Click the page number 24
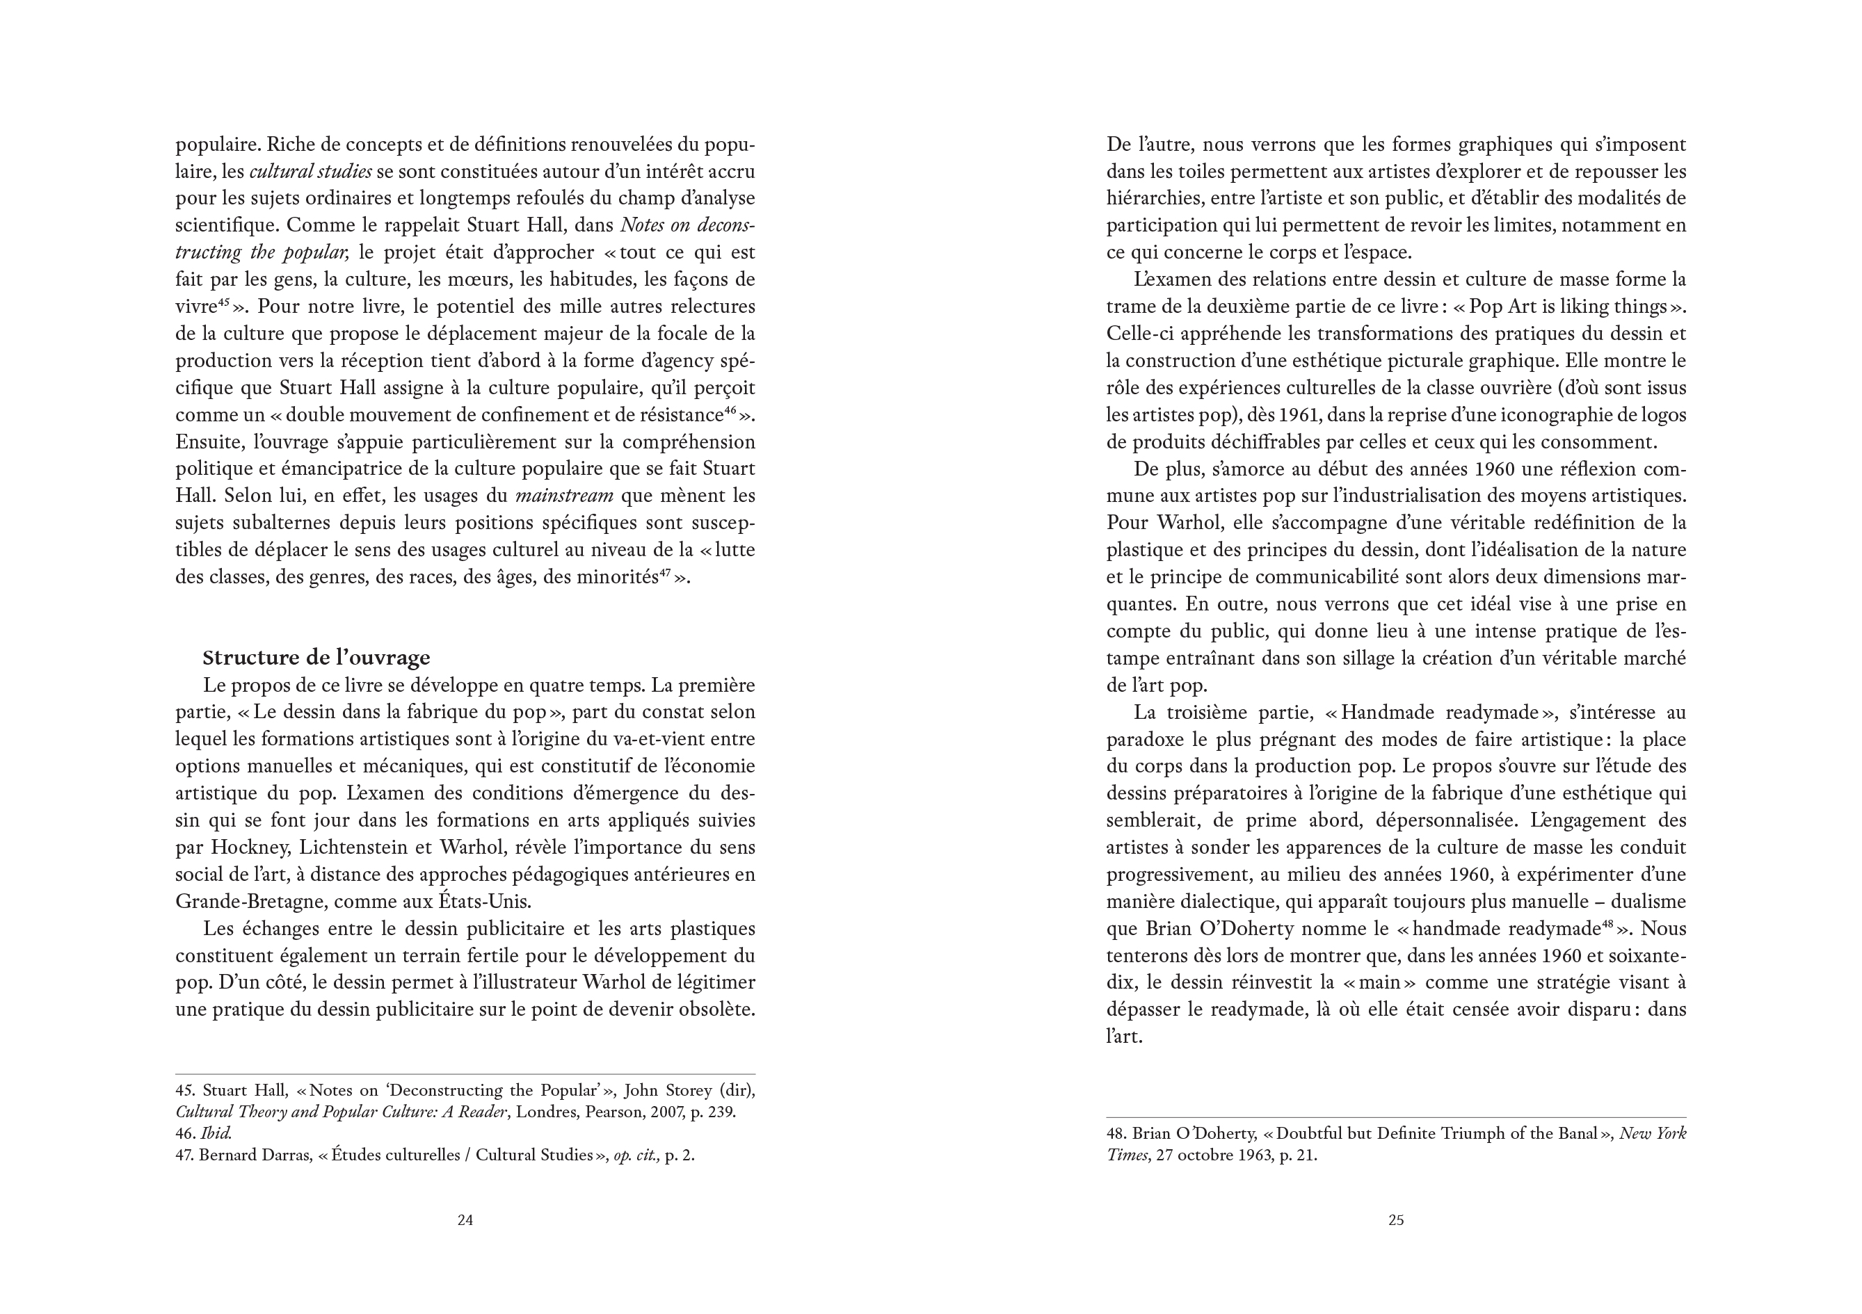(x=465, y=1220)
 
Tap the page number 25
(x=1396, y=1220)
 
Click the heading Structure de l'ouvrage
(x=316, y=658)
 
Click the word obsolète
(x=712, y=1010)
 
